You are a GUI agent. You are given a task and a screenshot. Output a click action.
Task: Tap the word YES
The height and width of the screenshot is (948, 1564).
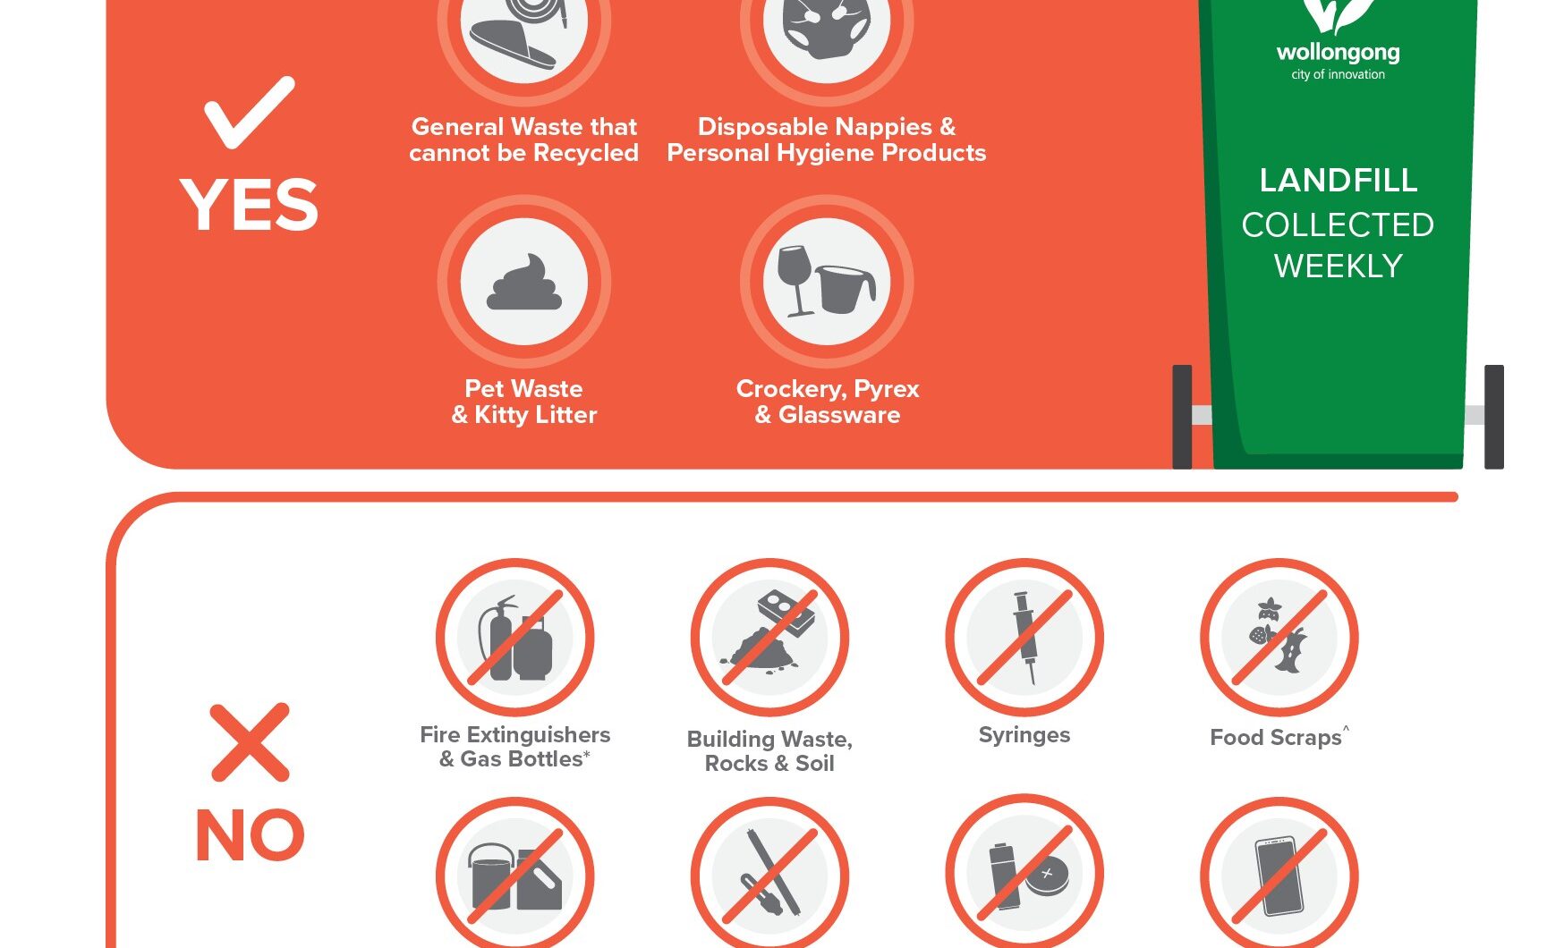[x=250, y=205]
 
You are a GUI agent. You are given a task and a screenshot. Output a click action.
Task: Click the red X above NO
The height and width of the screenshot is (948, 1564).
[x=250, y=742]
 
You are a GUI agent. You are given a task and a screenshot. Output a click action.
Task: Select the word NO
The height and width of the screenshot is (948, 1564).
[x=250, y=835]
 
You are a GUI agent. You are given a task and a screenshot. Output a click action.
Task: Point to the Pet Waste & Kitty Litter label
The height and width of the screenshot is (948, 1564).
[x=524, y=402]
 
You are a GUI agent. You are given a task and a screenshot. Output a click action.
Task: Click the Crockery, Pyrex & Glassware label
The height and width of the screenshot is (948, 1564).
[x=828, y=402]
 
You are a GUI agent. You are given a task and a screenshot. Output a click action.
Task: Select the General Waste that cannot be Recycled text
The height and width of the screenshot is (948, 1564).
[x=524, y=140]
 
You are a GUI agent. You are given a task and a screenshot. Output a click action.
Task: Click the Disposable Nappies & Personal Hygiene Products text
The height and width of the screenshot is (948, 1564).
[x=827, y=140]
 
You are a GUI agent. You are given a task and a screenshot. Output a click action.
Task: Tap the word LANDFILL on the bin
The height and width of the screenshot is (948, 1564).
[x=1339, y=181]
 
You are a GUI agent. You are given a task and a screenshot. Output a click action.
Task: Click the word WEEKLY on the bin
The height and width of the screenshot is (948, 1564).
[x=1339, y=267]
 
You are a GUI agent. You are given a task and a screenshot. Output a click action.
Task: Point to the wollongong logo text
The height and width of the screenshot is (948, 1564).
[x=1339, y=53]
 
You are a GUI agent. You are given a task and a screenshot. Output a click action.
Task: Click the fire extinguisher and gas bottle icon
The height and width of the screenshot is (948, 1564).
[x=515, y=637]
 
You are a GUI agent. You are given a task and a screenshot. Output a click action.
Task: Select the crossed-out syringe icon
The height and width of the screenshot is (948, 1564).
[x=1024, y=637]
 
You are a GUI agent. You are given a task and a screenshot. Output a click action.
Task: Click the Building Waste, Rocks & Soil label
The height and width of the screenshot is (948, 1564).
[x=769, y=751]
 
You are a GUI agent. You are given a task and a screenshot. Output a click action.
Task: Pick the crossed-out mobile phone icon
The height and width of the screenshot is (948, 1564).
[x=1279, y=875]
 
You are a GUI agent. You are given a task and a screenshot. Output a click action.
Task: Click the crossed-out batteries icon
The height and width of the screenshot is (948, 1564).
[x=1024, y=875]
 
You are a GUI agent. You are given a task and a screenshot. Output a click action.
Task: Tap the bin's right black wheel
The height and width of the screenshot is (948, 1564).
[x=1493, y=417]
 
